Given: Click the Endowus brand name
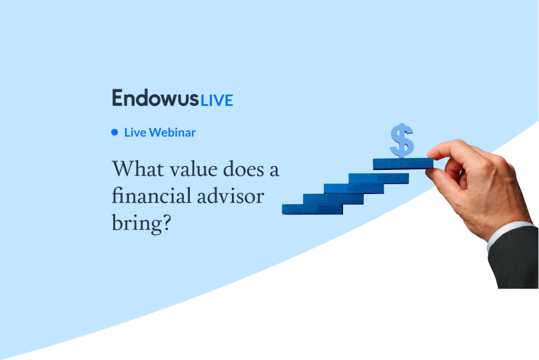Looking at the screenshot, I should [155, 98].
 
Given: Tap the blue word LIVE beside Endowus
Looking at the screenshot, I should [216, 100].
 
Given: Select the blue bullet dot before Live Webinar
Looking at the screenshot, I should [115, 132].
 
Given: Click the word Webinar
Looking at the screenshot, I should [173, 132].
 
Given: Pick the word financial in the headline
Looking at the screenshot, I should [149, 197].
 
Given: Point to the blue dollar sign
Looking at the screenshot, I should [402, 140].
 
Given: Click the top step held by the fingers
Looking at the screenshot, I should [402, 163].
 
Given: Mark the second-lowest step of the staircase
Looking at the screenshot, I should [332, 199].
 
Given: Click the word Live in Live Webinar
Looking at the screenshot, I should [135, 132].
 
